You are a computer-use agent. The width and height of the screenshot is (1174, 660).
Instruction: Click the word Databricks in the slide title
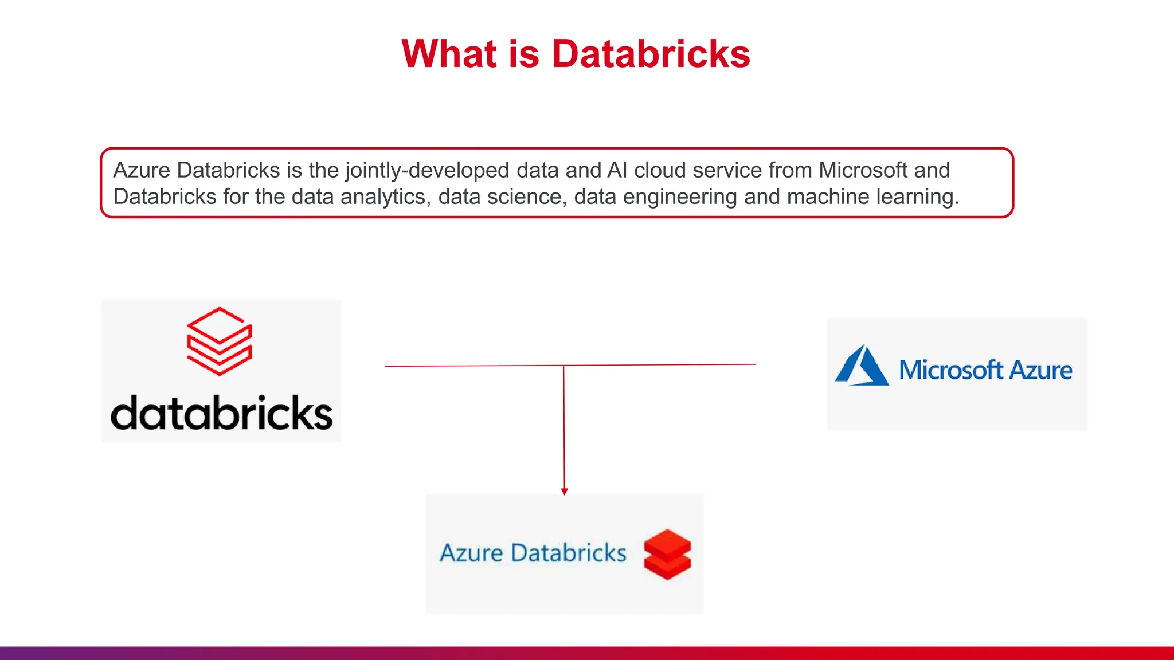tap(651, 54)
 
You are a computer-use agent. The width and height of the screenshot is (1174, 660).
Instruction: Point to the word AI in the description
tap(617, 170)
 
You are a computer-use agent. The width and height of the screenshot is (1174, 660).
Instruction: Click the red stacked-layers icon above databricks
tap(220, 341)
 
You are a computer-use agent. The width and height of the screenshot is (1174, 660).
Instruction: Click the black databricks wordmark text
tap(221, 413)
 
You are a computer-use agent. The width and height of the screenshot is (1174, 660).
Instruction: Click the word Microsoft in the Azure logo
tap(951, 370)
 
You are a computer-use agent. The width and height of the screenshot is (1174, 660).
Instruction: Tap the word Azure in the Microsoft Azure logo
tap(1040, 370)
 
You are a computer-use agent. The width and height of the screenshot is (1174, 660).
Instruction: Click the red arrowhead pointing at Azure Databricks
tap(565, 492)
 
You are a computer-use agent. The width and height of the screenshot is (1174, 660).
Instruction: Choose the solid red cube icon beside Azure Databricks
tap(667, 554)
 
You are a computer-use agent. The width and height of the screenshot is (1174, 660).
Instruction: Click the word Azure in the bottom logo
tap(471, 553)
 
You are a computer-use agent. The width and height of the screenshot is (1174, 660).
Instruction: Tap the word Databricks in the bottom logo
tap(568, 553)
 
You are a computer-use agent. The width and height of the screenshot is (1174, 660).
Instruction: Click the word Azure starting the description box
tap(142, 170)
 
